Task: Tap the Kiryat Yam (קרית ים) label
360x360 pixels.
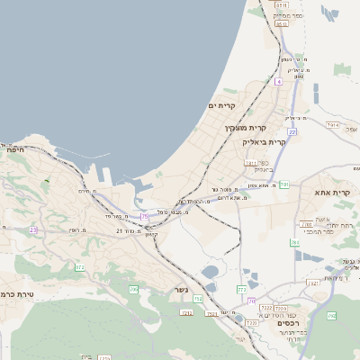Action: click(220, 106)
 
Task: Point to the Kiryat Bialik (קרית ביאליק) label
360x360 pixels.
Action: click(264, 141)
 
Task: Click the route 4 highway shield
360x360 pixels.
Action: click(280, 81)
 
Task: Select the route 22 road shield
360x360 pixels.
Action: click(292, 131)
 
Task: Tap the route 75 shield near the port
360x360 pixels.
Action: click(145, 217)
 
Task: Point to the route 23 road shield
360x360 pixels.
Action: click(32, 229)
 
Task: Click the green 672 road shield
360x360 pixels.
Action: click(79, 267)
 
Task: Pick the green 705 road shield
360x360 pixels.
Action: click(133, 289)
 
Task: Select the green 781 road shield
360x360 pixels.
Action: click(294, 243)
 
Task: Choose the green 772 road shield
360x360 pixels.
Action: click(240, 289)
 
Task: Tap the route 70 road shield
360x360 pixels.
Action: click(252, 301)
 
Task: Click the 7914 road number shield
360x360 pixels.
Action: click(333, 125)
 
